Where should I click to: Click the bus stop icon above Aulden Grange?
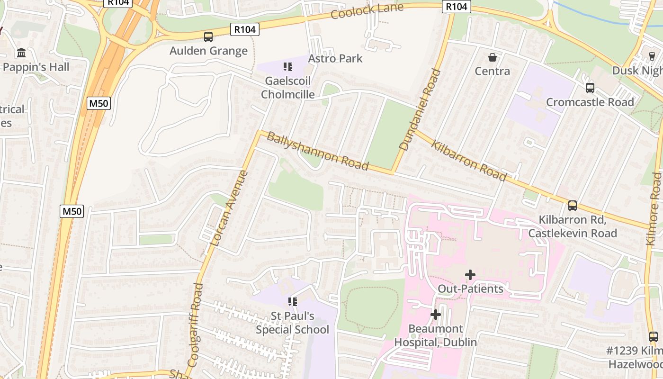[x=208, y=36]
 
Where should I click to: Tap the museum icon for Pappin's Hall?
[x=21, y=53]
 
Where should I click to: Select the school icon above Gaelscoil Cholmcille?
[x=287, y=67]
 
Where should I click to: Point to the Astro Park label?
[x=335, y=58]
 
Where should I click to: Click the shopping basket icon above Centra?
[x=493, y=57]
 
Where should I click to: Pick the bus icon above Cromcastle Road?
[x=590, y=88]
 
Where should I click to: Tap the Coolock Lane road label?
[x=367, y=10]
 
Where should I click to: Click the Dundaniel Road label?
[x=420, y=110]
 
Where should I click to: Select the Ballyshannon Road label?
[x=318, y=151]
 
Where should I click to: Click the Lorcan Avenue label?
[x=229, y=208]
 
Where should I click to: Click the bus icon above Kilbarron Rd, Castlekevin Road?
[x=573, y=206]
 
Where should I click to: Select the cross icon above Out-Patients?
[x=470, y=275]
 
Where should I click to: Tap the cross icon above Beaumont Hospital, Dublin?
[x=435, y=315]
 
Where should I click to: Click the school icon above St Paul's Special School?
[x=292, y=301]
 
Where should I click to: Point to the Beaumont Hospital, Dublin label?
[x=435, y=335]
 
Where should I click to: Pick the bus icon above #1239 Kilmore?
[x=654, y=337]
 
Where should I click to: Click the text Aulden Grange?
[x=208, y=51]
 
